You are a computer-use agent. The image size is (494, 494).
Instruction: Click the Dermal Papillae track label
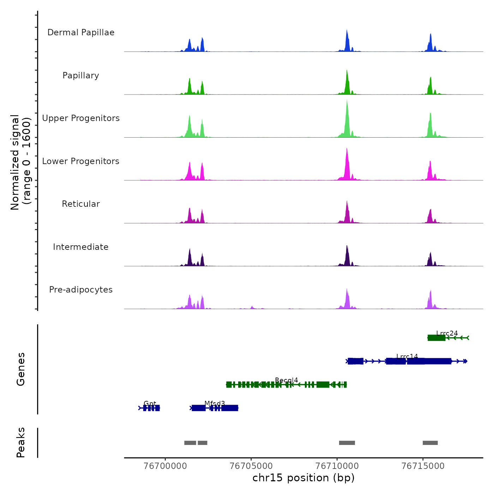pyautogui.click(x=81, y=32)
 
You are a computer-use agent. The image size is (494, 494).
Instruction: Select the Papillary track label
pyautogui.click(x=81, y=76)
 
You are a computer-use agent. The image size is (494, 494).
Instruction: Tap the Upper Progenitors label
pyautogui.click(x=81, y=118)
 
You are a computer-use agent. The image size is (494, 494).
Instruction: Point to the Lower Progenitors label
pyautogui.click(x=81, y=161)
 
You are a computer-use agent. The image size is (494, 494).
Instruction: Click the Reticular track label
pyautogui.click(x=81, y=204)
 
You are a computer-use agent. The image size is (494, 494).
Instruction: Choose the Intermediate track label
pyautogui.click(x=81, y=247)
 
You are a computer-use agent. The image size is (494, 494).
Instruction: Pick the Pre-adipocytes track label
pyautogui.click(x=81, y=290)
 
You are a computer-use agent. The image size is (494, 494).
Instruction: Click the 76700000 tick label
pyautogui.click(x=165, y=466)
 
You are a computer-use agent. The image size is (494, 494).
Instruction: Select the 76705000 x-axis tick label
pyautogui.click(x=251, y=466)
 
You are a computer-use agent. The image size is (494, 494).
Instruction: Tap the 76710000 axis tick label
pyautogui.click(x=337, y=466)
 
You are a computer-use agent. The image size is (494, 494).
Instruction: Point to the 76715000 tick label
pyautogui.click(x=423, y=466)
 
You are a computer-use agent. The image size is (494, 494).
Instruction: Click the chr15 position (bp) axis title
pyautogui.click(x=303, y=478)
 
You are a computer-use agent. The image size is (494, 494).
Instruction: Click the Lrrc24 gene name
pyautogui.click(x=447, y=333)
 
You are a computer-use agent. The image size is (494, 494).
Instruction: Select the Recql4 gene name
pyautogui.click(x=287, y=380)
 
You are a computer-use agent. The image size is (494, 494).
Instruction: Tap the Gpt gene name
pyautogui.click(x=150, y=403)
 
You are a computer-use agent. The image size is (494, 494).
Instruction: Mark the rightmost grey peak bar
pyautogui.click(x=430, y=443)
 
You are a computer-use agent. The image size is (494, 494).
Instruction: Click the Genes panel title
pyautogui.click(x=21, y=369)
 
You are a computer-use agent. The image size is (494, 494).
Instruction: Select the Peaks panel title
pyautogui.click(x=21, y=442)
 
